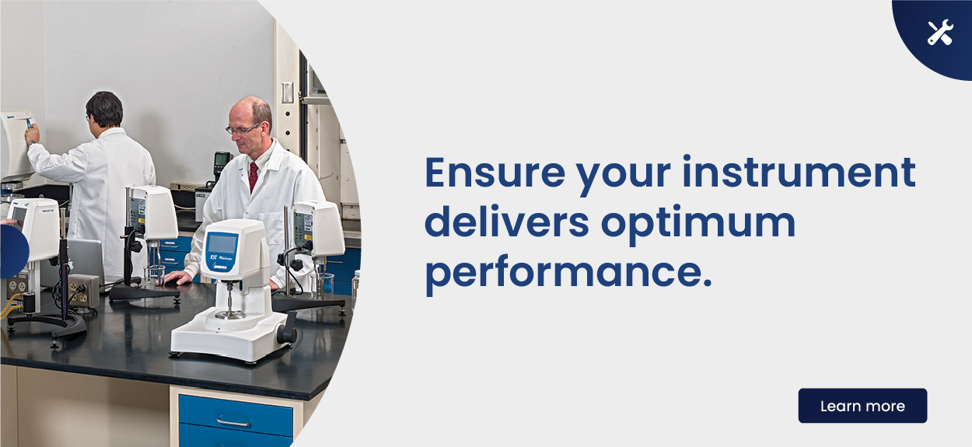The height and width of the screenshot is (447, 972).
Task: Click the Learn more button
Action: pos(862,405)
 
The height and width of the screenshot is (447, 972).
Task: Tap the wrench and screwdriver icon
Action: pos(940,32)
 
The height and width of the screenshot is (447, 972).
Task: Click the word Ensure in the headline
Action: pos(495,173)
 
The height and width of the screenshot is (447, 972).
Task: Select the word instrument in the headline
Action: pos(799,172)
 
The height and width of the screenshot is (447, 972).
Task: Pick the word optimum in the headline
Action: pos(698,225)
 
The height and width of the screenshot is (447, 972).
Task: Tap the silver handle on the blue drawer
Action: pos(233,421)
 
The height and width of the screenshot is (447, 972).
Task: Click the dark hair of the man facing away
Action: pos(104,108)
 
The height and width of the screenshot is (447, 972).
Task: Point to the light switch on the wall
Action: pos(287,93)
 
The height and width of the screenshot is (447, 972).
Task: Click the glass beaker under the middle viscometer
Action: pos(155,275)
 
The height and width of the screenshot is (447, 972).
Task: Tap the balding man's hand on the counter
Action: pos(178,277)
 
